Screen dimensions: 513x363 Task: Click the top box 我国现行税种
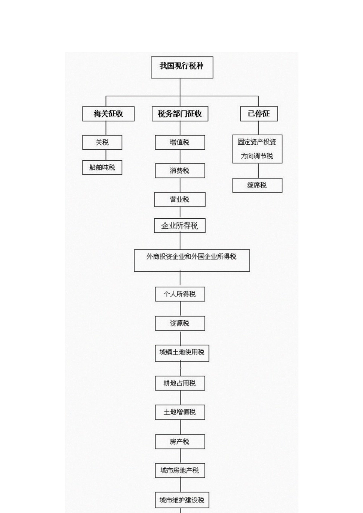182,67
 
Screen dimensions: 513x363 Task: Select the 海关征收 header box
108,114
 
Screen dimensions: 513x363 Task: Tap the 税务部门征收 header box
180,114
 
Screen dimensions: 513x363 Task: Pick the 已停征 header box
259,114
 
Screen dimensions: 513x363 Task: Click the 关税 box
102,142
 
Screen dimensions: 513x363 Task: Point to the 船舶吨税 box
102,167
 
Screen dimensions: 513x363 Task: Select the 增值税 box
180,142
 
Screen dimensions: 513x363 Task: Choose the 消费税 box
180,171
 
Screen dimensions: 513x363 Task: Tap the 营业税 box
180,199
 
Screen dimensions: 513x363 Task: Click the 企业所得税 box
180,226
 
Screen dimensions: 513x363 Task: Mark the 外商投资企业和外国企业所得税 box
192,260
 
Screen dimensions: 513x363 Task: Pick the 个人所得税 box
180,294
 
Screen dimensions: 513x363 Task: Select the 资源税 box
180,323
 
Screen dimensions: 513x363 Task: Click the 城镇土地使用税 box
182,352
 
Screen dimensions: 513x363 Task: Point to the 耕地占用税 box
180,383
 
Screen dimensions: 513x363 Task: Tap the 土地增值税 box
180,412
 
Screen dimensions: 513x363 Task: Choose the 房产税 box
180,442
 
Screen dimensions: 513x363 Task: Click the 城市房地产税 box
180,471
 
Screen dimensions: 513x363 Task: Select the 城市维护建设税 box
182,500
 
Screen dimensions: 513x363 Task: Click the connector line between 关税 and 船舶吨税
106,155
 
